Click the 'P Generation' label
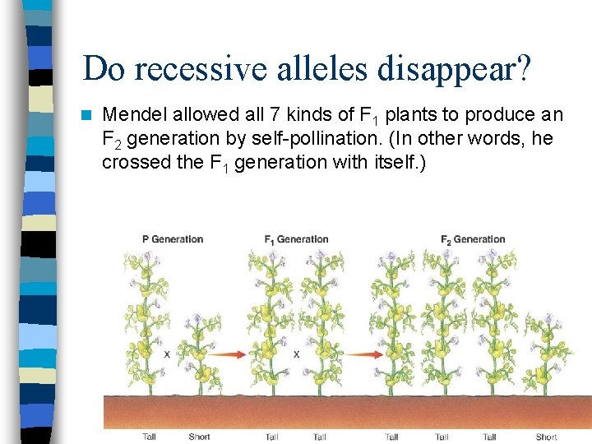(173, 239)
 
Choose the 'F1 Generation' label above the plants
(296, 239)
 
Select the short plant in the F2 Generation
(544, 354)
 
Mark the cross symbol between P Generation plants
(167, 354)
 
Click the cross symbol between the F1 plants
(296, 354)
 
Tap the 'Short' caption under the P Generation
(199, 437)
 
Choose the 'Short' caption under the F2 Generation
(546, 437)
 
